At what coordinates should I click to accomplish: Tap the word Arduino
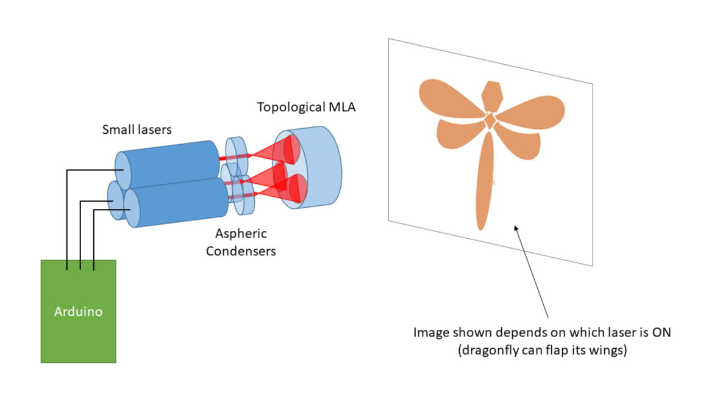click(x=78, y=311)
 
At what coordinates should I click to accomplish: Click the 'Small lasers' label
click(x=137, y=129)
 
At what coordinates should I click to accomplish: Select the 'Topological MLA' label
click(x=306, y=107)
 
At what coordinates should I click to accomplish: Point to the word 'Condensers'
click(x=241, y=250)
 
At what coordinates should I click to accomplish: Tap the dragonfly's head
click(x=492, y=95)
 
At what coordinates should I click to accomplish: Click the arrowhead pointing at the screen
click(x=516, y=228)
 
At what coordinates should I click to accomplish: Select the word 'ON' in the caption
click(x=659, y=333)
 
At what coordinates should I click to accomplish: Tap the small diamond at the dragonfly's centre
click(x=490, y=121)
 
